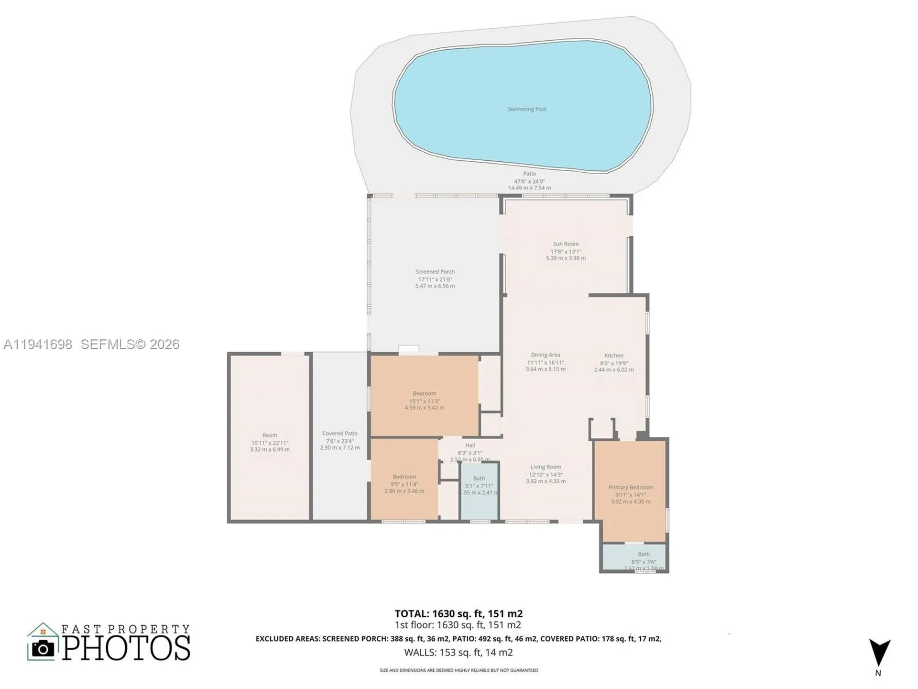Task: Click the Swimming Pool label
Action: click(x=526, y=109)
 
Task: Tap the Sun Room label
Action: click(x=566, y=244)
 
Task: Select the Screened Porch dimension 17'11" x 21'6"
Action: click(x=435, y=279)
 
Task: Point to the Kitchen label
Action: click(x=613, y=356)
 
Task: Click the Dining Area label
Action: click(x=545, y=355)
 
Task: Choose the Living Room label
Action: click(x=546, y=467)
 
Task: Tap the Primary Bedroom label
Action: click(x=630, y=487)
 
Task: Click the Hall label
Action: click(x=470, y=445)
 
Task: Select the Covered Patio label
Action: click(x=339, y=433)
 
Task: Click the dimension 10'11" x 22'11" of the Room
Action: click(x=270, y=443)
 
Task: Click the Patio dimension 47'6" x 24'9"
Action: click(x=529, y=181)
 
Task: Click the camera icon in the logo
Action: click(x=43, y=649)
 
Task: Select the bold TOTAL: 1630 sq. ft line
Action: click(x=458, y=613)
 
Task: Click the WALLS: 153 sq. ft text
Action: click(x=458, y=652)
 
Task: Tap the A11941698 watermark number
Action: click(x=38, y=344)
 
